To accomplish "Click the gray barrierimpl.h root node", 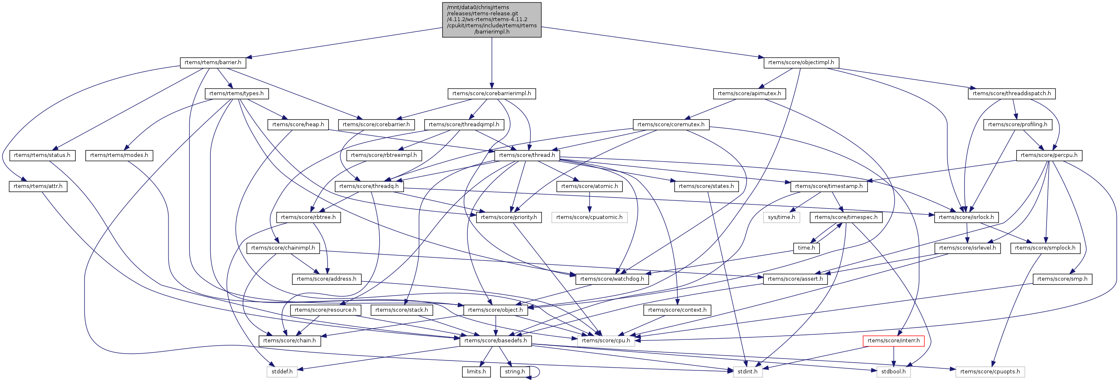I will pyautogui.click(x=492, y=19).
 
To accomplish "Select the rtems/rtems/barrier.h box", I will pyautogui.click(x=213, y=63).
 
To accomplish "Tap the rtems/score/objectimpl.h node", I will pyautogui.click(x=801, y=63).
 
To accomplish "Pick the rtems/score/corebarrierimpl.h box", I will pyautogui.click(x=492, y=94).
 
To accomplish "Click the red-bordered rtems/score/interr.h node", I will pyautogui.click(x=893, y=341).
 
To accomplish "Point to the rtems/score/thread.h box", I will pyautogui.click(x=527, y=155).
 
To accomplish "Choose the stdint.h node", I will pyautogui.click(x=747, y=372).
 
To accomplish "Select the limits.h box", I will pyautogui.click(x=476, y=372).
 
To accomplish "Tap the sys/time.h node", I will pyautogui.click(x=781, y=217).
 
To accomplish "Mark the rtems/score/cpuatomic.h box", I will pyautogui.click(x=589, y=217).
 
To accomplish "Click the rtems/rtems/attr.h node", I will pyautogui.click(x=38, y=186).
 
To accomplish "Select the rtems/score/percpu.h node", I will pyautogui.click(x=1049, y=155).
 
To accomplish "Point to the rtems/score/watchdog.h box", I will pyautogui.click(x=612, y=279).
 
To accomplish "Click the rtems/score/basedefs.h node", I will pyautogui.click(x=495, y=341).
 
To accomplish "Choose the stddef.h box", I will pyautogui.click(x=282, y=372).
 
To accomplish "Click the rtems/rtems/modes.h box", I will pyautogui.click(x=119, y=155).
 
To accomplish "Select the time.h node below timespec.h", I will pyautogui.click(x=806, y=248).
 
